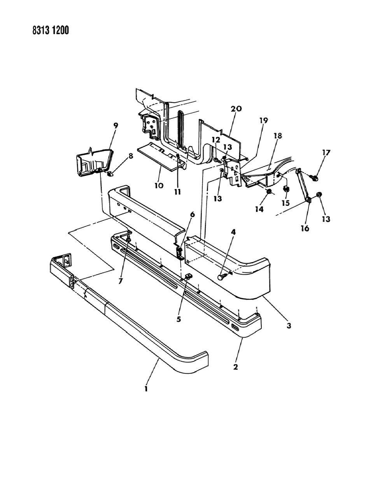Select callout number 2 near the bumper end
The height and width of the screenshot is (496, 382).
tap(235, 366)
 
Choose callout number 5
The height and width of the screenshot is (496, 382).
tap(179, 319)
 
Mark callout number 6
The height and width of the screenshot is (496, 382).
tap(192, 214)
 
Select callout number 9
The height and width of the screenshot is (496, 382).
tap(105, 125)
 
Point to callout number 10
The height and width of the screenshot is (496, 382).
tap(158, 186)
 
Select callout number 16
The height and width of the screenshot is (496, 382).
tap(305, 228)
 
